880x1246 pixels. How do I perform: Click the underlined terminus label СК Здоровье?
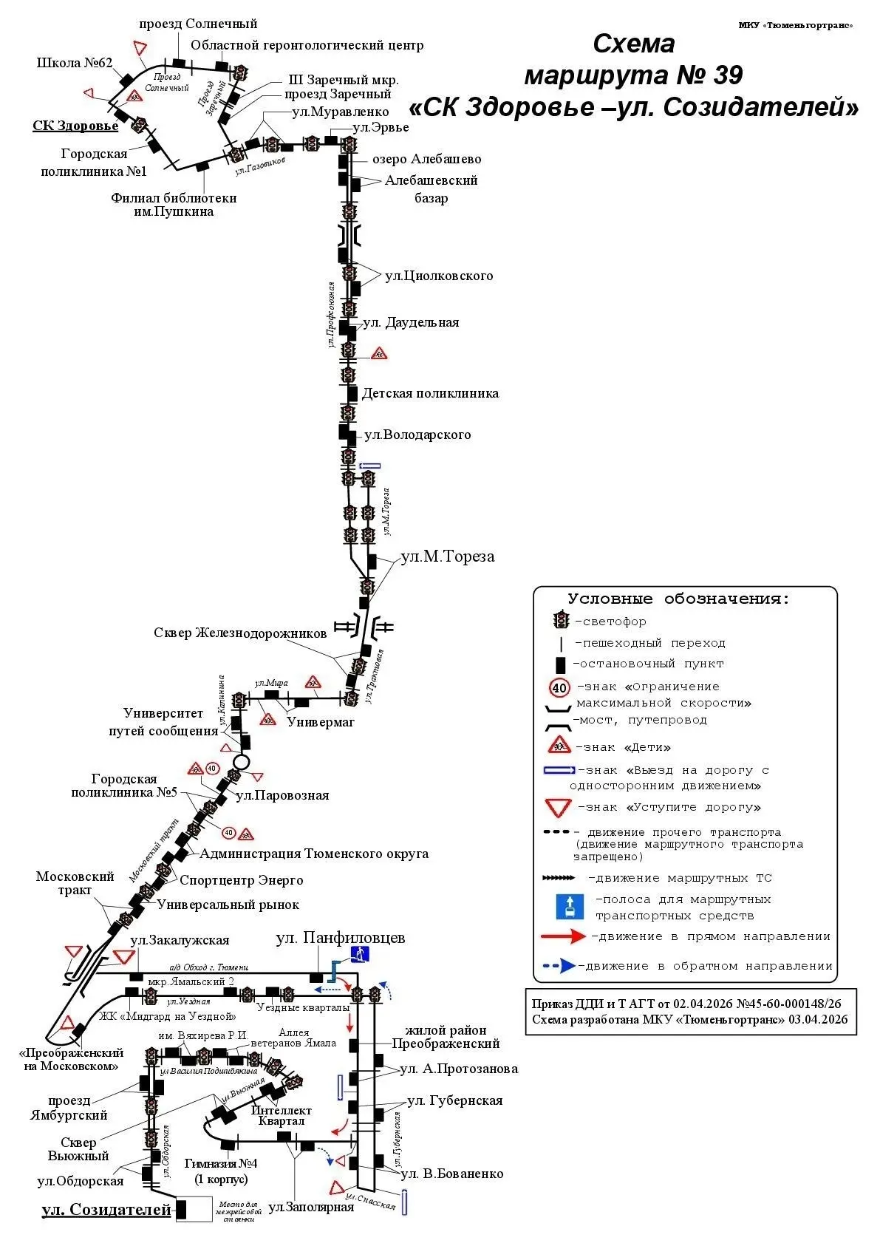pyautogui.click(x=75, y=126)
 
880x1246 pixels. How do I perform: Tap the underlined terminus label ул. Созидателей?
pyautogui.click(x=106, y=1210)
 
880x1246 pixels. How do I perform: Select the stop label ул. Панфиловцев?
pyautogui.click(x=340, y=938)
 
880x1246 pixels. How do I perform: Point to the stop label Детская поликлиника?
pyautogui.click(x=430, y=393)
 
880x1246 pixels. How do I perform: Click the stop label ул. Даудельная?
pyautogui.click(x=411, y=322)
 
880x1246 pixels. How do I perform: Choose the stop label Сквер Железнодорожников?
pyautogui.click(x=240, y=633)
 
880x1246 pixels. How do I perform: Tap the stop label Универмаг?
pyautogui.click(x=321, y=721)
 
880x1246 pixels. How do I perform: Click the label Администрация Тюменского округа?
pyautogui.click(x=314, y=854)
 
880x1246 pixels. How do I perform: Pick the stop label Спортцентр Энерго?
pyautogui.click(x=242, y=880)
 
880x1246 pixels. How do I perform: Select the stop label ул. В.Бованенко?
pyautogui.click(x=451, y=1174)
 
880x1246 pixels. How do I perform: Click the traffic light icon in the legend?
pyautogui.click(x=562, y=621)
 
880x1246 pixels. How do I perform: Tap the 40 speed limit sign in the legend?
pyautogui.click(x=560, y=688)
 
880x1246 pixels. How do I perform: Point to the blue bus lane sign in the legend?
pyautogui.click(x=570, y=908)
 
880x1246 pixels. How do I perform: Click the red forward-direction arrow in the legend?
pyautogui.click(x=565, y=937)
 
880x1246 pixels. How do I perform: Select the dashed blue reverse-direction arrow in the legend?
pyautogui.click(x=559, y=966)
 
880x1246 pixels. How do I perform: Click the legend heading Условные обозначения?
pyautogui.click(x=678, y=599)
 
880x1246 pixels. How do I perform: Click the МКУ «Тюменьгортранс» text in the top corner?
pyautogui.click(x=796, y=25)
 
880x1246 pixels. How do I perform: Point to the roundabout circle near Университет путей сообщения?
pyautogui.click(x=241, y=761)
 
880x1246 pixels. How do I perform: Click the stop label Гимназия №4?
pyautogui.click(x=221, y=1163)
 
